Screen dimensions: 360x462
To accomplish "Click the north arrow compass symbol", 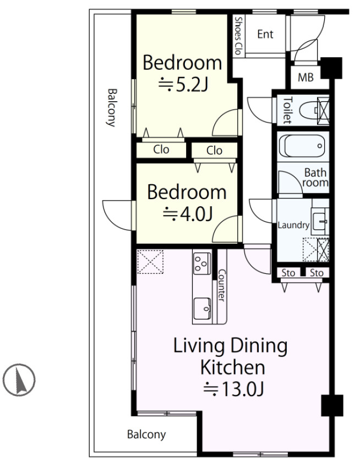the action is pos(19,380).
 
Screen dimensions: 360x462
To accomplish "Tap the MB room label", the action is pos(306,78).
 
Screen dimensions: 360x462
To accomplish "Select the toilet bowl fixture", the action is pos(308,110).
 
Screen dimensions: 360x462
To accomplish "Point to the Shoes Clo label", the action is pos(238,36).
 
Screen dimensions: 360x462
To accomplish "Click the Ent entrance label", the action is pos(265,34).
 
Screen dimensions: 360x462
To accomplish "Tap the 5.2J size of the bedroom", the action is pos(183,85).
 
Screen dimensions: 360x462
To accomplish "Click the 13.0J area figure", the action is pos(233,389).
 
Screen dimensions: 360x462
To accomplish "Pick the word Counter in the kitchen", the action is pos(221,285).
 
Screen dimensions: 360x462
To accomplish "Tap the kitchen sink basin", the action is pos(202,309).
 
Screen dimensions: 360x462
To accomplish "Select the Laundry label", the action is pos(293,226).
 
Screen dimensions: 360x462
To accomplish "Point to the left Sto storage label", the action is pos(288,273).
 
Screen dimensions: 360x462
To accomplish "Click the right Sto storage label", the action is pos(317,273).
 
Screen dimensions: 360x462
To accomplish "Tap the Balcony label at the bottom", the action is pos(146,435).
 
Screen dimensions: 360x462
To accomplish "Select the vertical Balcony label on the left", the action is pos(111,108).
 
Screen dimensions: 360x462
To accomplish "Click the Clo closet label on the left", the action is pos(161,150).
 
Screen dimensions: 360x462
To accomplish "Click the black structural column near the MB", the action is pos(331,68).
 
